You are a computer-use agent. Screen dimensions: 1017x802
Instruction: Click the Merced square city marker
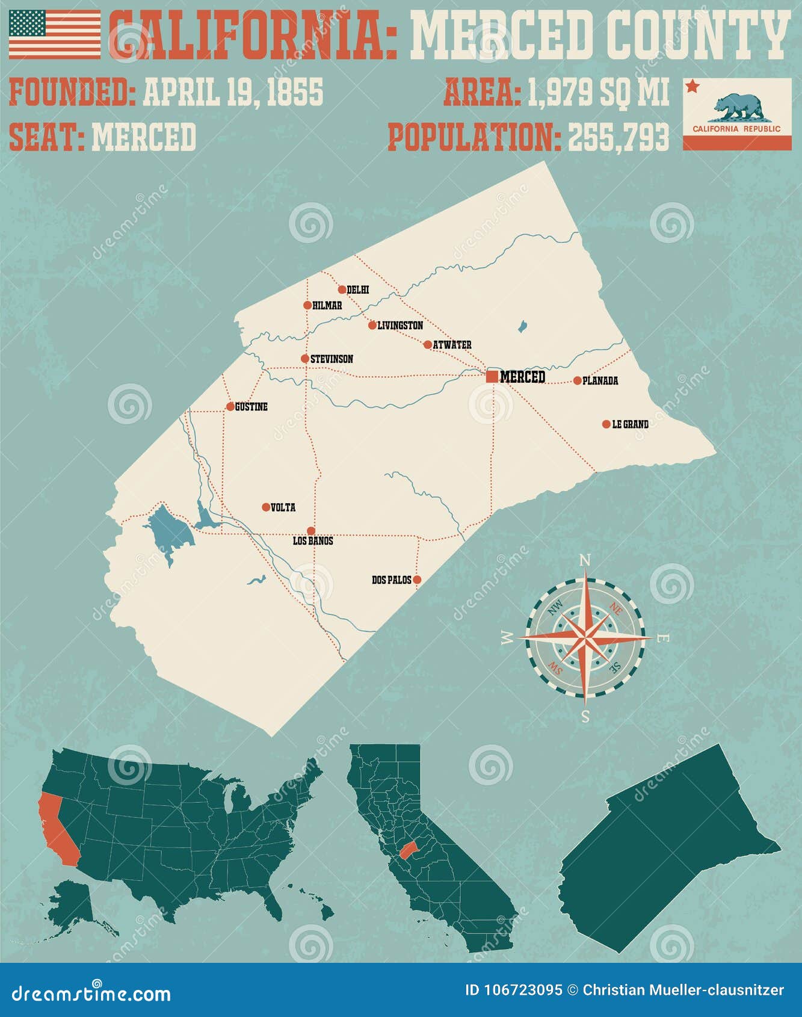492,377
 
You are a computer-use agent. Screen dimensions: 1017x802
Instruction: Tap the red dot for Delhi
342,289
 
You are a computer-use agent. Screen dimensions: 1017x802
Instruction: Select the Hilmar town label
327,306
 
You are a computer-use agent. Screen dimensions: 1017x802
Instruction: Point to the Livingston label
400,326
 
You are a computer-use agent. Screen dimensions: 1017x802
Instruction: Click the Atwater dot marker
428,345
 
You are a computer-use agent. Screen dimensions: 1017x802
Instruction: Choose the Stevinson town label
332,359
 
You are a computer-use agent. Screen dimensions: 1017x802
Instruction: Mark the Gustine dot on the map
230,407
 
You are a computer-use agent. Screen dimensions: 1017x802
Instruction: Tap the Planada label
600,381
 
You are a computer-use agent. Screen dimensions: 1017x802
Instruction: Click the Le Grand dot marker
606,424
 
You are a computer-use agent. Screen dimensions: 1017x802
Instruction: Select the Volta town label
283,508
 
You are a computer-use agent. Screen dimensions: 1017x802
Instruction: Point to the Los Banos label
313,541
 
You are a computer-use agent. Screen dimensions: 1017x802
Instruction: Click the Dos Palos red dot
417,580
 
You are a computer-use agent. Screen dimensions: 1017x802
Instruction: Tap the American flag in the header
55,34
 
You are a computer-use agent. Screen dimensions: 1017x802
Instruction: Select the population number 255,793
618,137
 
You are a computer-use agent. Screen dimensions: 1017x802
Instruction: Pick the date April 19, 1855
233,92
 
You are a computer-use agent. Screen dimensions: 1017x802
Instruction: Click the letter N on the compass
584,560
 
